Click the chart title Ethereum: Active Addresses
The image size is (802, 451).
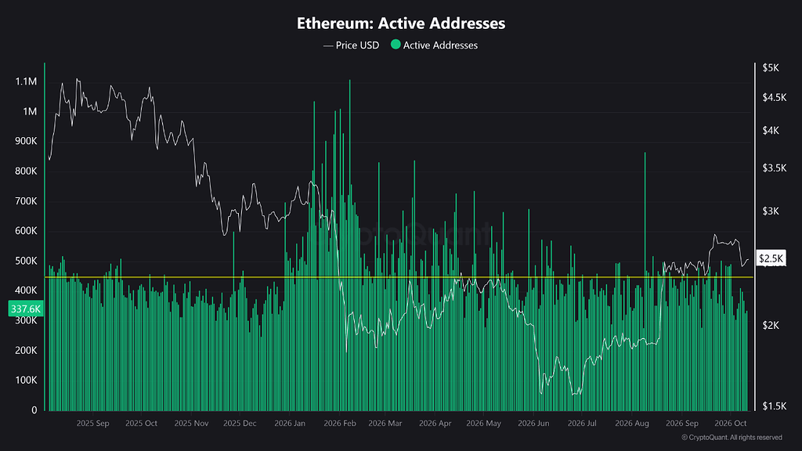coord(401,23)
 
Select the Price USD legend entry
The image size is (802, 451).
coord(352,45)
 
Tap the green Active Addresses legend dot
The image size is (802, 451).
coord(396,45)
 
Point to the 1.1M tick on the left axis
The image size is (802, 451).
coord(26,81)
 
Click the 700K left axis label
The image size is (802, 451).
coord(26,201)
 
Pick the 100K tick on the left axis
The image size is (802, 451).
coord(26,380)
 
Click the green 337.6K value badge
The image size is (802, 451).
coord(26,308)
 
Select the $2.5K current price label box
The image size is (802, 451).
coord(771,258)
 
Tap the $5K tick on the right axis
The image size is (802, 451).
coord(771,67)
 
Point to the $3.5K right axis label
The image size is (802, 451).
coord(775,168)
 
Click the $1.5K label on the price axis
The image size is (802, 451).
coord(775,406)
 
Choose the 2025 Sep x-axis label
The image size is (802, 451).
coord(92,424)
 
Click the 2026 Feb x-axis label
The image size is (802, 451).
coord(340,424)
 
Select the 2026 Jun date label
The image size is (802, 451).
coord(533,424)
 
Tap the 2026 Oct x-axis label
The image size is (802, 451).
coord(731,424)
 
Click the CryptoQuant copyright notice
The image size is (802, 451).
coord(732,438)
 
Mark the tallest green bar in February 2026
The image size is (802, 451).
coord(350,245)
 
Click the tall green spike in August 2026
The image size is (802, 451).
coord(645,281)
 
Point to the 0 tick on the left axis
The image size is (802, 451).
coord(34,410)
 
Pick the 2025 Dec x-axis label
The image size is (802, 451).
coord(240,424)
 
